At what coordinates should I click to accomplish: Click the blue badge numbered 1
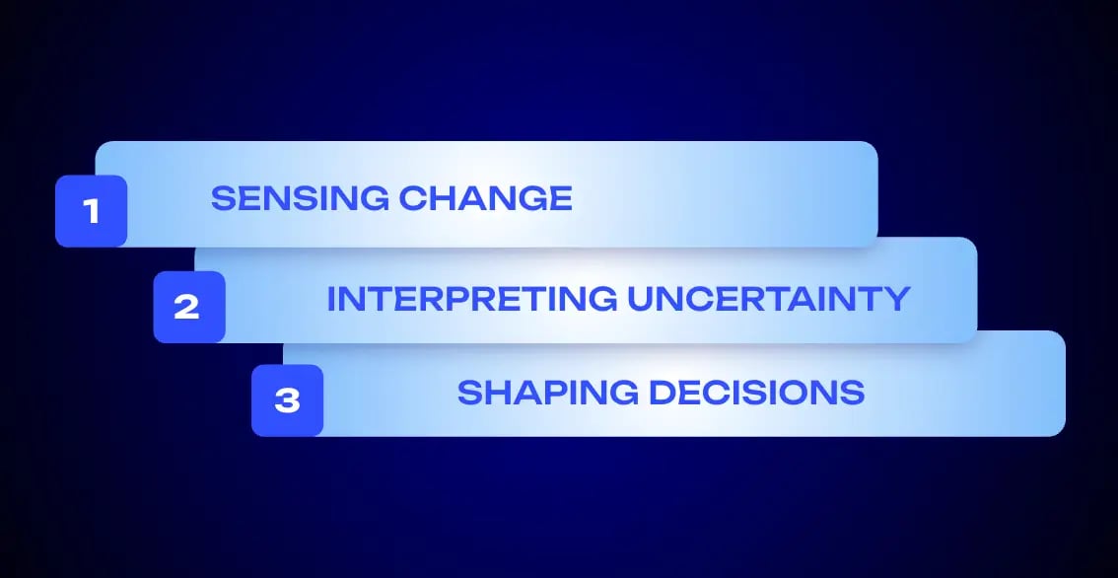point(92,211)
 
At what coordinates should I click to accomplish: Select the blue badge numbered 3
point(287,400)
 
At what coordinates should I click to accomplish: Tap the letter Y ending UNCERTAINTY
point(895,299)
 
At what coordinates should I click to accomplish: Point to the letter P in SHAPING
point(549,393)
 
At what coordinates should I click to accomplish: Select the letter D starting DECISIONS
point(664,393)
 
